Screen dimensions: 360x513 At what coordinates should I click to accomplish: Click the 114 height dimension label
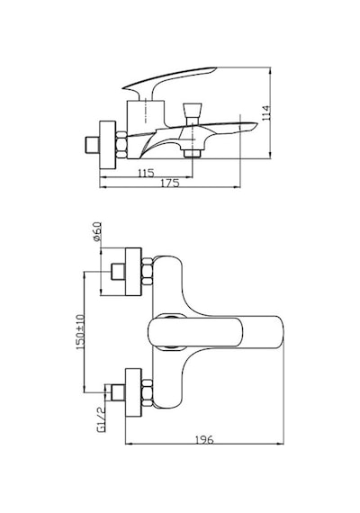(x=266, y=112)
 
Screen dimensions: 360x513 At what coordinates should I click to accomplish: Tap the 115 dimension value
(x=146, y=173)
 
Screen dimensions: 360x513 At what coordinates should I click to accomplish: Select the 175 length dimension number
(x=171, y=183)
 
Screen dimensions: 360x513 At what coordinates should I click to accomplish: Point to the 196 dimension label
(x=205, y=439)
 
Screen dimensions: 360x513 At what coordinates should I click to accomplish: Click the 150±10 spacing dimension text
(x=80, y=332)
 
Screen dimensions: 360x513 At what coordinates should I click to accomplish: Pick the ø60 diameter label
(x=97, y=231)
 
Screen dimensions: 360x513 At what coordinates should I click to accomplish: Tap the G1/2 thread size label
(x=101, y=419)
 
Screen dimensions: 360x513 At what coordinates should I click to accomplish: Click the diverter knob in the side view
(x=193, y=114)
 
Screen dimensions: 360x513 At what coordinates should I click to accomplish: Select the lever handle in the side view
(x=169, y=83)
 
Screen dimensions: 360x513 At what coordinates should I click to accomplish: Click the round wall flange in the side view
(x=108, y=145)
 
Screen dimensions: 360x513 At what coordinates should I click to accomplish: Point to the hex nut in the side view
(x=121, y=145)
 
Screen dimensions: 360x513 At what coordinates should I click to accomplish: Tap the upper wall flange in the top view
(x=133, y=272)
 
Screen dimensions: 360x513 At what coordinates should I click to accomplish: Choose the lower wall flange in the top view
(x=133, y=392)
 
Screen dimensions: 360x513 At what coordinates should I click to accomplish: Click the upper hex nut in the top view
(x=148, y=272)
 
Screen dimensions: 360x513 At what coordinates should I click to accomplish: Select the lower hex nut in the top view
(x=148, y=392)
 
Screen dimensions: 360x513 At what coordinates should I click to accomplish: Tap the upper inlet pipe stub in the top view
(x=118, y=272)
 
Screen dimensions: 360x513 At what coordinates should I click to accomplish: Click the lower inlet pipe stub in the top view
(x=118, y=392)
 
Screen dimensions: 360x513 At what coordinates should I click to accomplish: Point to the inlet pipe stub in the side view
(x=92, y=145)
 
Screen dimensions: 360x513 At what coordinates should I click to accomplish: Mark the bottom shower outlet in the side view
(x=192, y=153)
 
